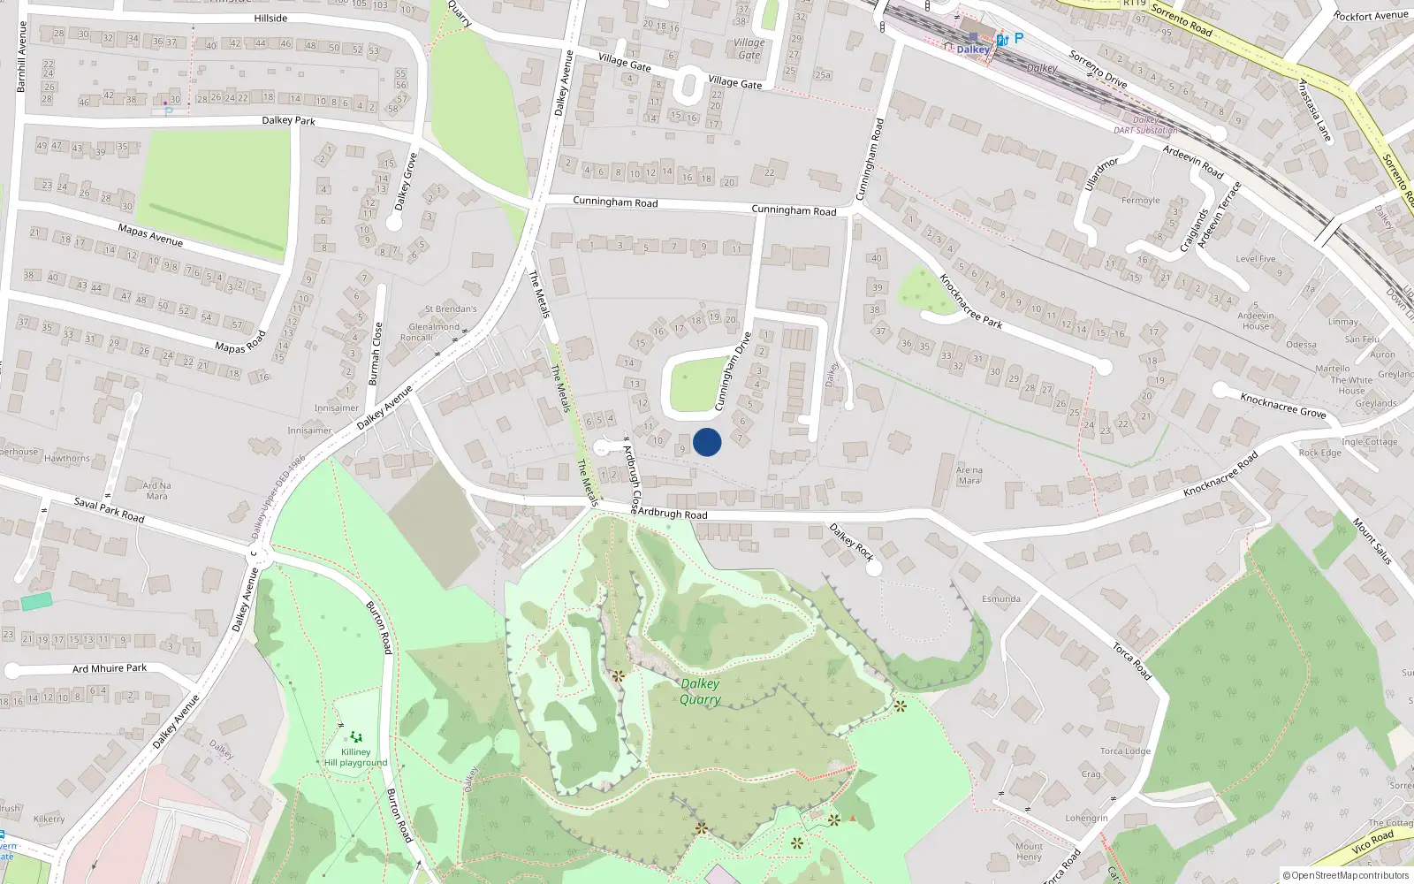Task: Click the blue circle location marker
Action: coord(707,442)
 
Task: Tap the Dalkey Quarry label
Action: coord(700,691)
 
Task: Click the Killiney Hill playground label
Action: coord(355,758)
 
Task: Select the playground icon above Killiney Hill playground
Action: coord(355,736)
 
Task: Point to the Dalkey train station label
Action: coord(972,50)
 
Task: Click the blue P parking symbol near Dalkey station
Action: coord(1018,38)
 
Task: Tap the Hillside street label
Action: coord(270,18)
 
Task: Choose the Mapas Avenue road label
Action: coord(150,235)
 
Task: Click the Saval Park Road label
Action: coord(109,510)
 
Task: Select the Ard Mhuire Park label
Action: coord(110,668)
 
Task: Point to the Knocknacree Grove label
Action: coord(1282,405)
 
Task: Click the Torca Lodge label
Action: coord(1125,751)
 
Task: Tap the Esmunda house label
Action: coord(1000,598)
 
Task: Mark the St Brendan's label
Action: coord(451,309)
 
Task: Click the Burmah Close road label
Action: coord(376,354)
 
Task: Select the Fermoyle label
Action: coord(1140,201)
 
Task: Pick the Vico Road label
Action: coord(1372,842)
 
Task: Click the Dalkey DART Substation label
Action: coord(1145,125)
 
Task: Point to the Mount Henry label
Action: coord(1029,851)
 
